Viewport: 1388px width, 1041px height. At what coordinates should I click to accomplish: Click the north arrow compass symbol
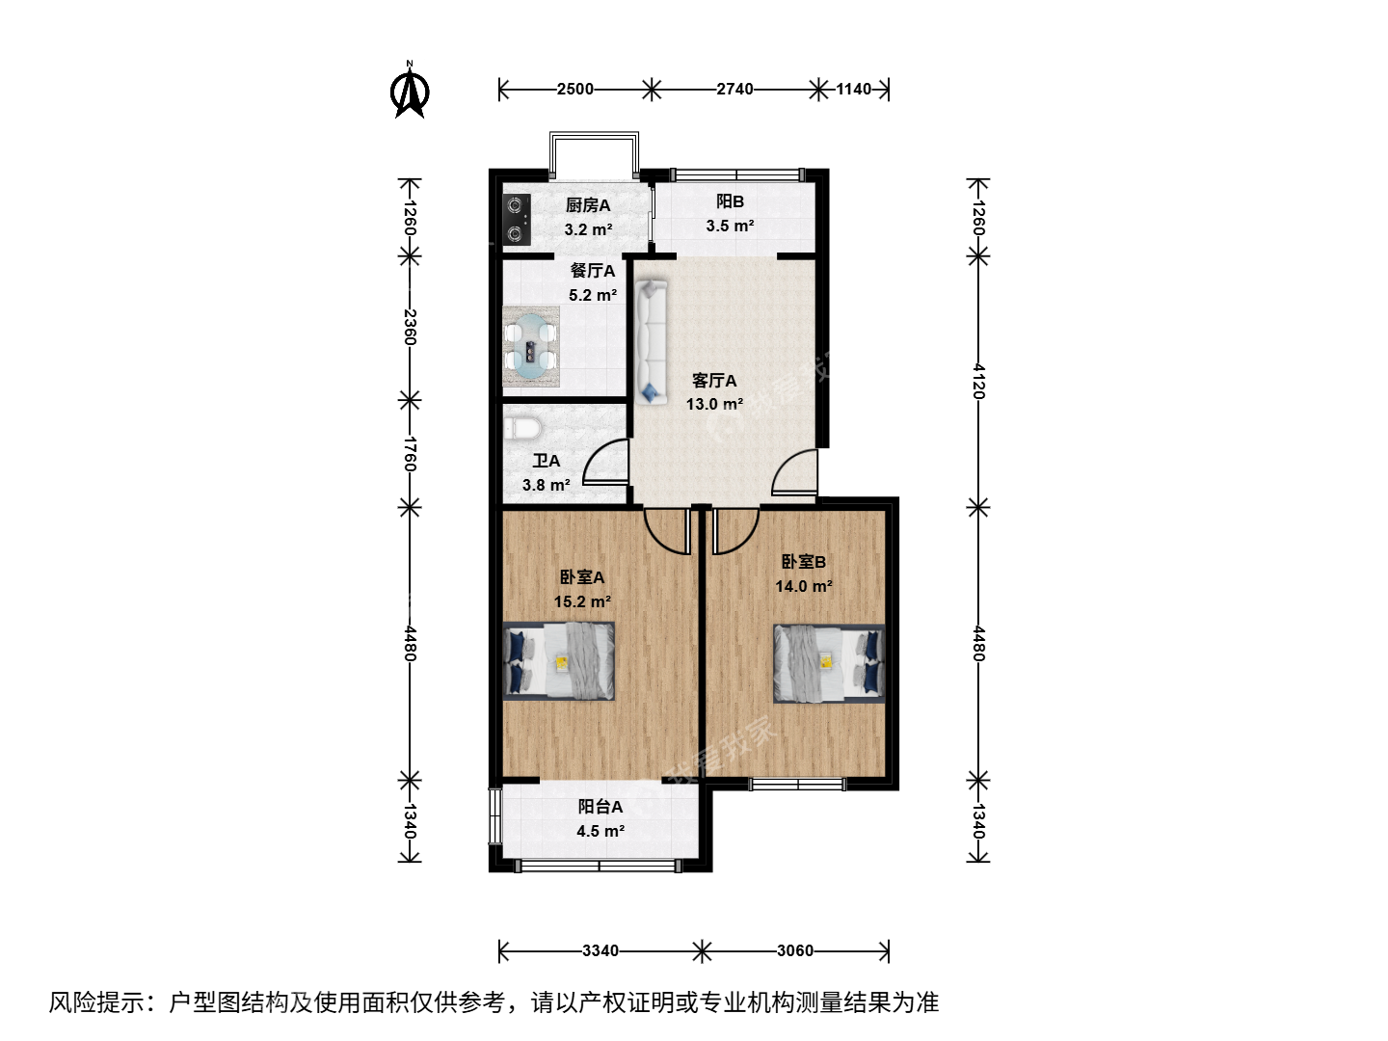point(409,91)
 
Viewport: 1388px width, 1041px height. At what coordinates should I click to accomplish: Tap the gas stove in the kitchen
point(517,220)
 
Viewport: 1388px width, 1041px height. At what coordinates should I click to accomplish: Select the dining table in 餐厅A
point(530,347)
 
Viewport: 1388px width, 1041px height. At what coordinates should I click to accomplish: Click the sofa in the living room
point(652,342)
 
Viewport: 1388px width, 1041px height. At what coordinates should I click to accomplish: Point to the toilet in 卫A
point(523,428)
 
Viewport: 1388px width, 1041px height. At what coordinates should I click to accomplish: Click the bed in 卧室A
point(559,661)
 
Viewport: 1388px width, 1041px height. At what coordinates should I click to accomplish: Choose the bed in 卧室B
point(829,664)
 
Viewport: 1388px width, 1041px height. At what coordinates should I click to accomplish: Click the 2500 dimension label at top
point(574,89)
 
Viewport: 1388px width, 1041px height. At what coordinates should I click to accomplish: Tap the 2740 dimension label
point(734,89)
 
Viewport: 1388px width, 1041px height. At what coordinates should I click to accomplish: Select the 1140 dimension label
point(854,89)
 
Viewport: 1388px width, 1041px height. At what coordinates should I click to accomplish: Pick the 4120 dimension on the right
point(978,381)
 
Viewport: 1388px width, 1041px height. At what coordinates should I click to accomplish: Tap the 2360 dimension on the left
point(410,328)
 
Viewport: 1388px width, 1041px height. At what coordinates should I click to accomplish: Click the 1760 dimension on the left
point(410,454)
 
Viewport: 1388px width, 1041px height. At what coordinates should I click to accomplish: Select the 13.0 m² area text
point(714,404)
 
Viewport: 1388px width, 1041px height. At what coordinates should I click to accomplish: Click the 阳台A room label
point(601,807)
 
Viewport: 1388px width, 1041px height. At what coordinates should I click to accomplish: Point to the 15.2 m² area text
point(582,601)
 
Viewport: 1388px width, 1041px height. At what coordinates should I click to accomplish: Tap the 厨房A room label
point(587,204)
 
